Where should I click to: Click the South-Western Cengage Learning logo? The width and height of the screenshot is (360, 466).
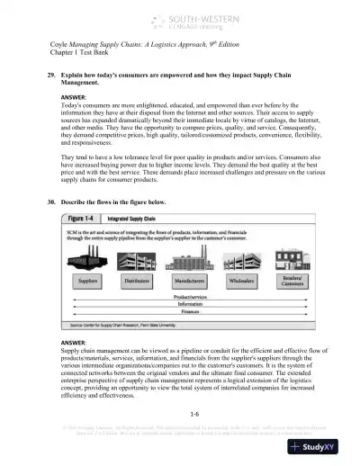tap(185, 19)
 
